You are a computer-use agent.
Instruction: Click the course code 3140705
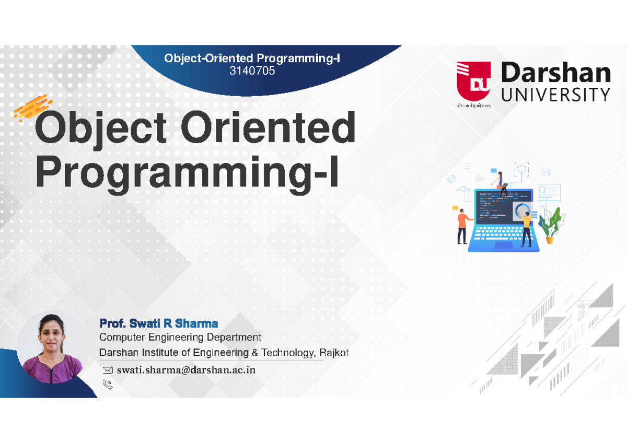(x=252, y=71)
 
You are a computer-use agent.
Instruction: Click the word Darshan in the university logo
(x=555, y=74)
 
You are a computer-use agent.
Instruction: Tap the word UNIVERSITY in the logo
(x=555, y=95)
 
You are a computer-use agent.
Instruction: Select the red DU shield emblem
(x=473, y=83)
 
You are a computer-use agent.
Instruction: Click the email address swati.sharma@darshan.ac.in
(x=186, y=370)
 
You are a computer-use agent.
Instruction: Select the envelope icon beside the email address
(x=108, y=370)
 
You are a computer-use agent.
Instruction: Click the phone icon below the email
(x=108, y=385)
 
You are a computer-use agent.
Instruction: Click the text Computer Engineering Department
(x=180, y=337)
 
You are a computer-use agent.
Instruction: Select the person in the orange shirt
(x=462, y=225)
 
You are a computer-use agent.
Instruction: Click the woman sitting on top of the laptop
(x=501, y=182)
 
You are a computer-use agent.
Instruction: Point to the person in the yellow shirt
(x=526, y=227)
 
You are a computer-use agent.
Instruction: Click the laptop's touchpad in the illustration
(x=503, y=245)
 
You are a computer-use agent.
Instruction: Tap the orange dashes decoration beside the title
(x=32, y=108)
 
